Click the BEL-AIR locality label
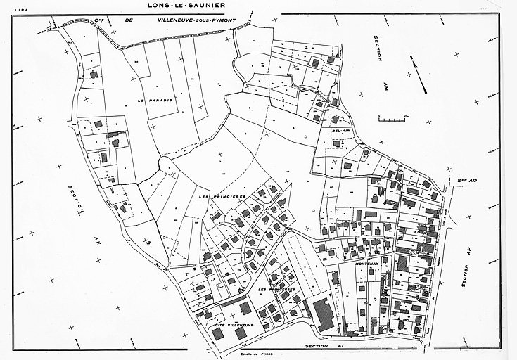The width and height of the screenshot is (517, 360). (x=340, y=131)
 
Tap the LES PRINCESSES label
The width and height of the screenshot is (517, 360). (x=275, y=291)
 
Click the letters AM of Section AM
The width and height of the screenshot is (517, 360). (x=385, y=84)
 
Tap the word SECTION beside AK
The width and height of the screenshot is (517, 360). (x=76, y=198)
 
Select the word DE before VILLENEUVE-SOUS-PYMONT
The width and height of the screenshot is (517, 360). (x=129, y=21)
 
